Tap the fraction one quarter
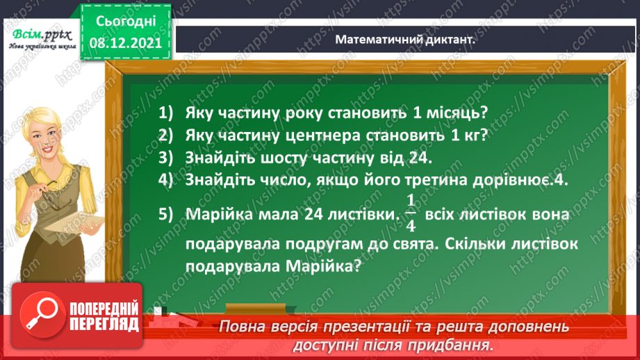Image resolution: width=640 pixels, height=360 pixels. point(410,215)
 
